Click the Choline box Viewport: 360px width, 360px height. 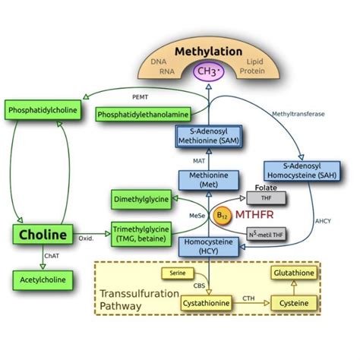[41, 234]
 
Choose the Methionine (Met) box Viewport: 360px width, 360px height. [208, 180]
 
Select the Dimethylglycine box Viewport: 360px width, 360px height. [141, 197]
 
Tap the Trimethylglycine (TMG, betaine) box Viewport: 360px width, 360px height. [141, 233]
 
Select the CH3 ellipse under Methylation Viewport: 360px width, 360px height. [208, 72]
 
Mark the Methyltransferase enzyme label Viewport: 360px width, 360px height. [297, 113]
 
